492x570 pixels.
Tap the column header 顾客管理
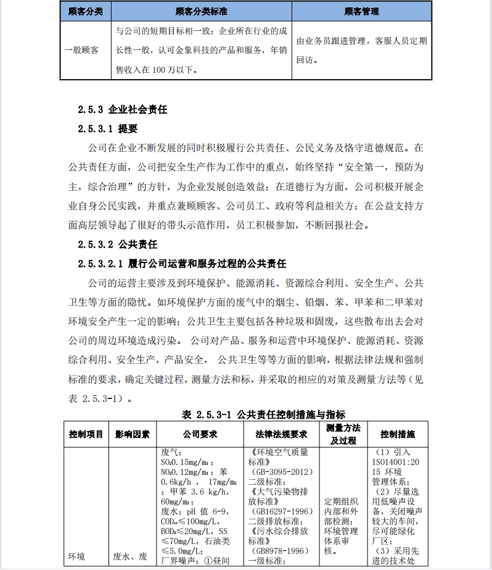pos(361,11)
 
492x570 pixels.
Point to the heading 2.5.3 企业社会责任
pos(123,110)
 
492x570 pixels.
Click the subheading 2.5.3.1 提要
pos(107,129)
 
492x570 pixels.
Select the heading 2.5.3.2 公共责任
pos(118,244)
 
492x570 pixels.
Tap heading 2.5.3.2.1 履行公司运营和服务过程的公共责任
pos(182,264)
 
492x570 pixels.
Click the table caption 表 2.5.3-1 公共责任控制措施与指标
pos(263,414)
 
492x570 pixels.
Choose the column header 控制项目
pos(86,434)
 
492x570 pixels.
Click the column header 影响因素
pos(132,434)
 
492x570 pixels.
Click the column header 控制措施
pos(398,434)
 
